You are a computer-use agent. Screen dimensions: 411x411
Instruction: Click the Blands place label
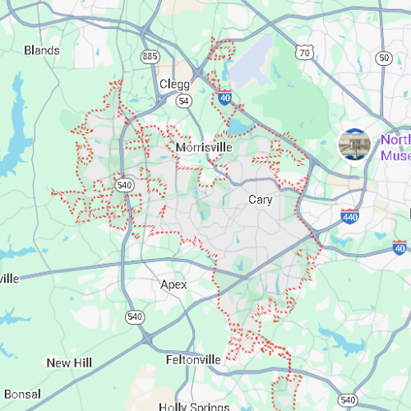(x=42, y=51)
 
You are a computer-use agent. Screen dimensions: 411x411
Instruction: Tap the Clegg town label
(x=174, y=84)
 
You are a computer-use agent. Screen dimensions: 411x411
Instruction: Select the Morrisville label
(x=204, y=147)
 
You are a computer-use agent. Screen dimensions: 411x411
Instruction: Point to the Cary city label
(x=261, y=199)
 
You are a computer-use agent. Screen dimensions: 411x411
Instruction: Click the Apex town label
(x=173, y=284)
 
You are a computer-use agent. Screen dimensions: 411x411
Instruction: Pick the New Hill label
(x=68, y=363)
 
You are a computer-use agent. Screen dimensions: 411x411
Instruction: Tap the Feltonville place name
(x=193, y=360)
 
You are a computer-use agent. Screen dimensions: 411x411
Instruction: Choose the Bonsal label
(x=21, y=395)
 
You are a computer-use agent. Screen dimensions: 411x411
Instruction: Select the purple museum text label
(x=395, y=147)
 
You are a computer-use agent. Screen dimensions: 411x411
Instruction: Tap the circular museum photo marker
(x=355, y=145)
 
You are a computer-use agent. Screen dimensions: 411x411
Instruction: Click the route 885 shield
(x=150, y=57)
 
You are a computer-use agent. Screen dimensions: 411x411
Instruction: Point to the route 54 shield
(x=184, y=100)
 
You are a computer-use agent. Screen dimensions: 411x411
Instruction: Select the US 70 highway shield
(x=305, y=53)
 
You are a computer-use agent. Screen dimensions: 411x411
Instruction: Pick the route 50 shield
(x=384, y=58)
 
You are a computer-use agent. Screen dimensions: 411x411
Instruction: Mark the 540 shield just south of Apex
(x=132, y=316)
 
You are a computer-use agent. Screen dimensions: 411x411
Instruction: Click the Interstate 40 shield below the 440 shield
(x=400, y=247)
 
